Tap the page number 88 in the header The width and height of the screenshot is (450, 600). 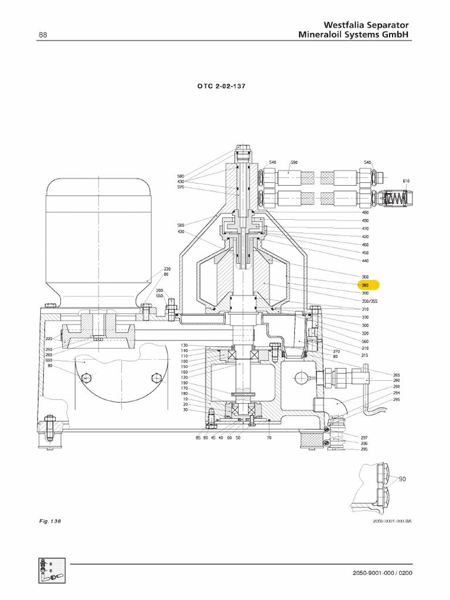click(x=43, y=35)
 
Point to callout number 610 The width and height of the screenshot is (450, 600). click(x=406, y=180)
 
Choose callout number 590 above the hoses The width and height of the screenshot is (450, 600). click(x=294, y=162)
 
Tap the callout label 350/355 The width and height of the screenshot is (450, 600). click(x=369, y=301)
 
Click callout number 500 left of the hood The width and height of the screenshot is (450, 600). click(x=180, y=224)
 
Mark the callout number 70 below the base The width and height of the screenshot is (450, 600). click(x=268, y=438)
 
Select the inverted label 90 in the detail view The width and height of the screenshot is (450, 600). click(x=401, y=479)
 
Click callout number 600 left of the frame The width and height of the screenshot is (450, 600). click(x=50, y=360)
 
